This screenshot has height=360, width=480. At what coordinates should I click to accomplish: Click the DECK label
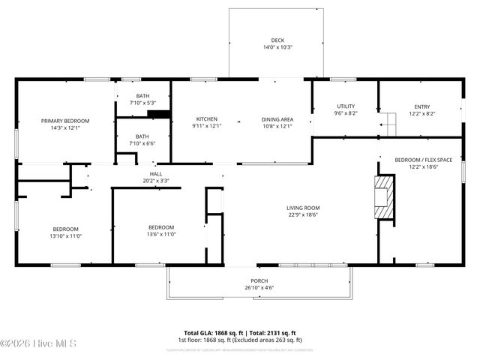[277, 40]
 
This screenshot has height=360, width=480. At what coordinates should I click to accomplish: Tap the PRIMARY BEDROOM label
[65, 121]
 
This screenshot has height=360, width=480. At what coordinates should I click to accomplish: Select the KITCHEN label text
[207, 119]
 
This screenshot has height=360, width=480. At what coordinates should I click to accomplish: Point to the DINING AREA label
[277, 119]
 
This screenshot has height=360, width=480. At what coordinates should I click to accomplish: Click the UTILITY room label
[346, 106]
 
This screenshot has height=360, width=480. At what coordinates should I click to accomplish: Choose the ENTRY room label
[422, 106]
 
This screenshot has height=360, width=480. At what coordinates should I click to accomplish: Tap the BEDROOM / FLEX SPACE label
[424, 160]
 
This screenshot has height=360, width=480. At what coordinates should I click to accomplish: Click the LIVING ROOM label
[303, 208]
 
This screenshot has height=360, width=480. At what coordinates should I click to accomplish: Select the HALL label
[156, 174]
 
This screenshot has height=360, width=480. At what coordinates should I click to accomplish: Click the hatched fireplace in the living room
[384, 198]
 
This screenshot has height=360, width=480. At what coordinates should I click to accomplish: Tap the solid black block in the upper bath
[158, 114]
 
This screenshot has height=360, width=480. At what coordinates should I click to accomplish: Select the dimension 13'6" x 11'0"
[161, 234]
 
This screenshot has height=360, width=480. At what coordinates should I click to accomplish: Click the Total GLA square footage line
[240, 332]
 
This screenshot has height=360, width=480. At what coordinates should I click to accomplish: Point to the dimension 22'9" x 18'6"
[303, 214]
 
